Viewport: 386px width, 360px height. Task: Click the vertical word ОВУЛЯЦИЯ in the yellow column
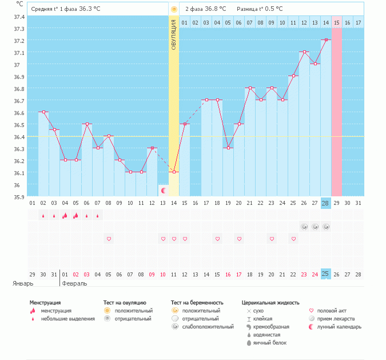174,34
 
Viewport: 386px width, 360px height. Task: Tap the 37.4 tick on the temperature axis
18,17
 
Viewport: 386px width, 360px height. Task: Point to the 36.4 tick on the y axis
18,137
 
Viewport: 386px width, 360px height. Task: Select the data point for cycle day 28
326,39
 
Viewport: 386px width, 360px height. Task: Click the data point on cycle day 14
174,172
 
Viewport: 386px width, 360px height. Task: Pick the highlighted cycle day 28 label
326,203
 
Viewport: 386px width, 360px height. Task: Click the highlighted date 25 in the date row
326,275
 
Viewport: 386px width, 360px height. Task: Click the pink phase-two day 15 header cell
337,22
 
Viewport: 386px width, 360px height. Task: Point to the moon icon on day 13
164,190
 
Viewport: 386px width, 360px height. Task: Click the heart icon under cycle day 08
109,238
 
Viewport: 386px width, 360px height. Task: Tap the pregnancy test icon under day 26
304,227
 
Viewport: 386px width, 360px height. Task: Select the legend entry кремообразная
274,327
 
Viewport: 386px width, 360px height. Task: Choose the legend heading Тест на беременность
197,302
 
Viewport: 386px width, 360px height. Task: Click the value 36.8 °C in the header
216,9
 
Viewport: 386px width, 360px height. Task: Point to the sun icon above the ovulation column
174,9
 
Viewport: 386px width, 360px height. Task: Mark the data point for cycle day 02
43,112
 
